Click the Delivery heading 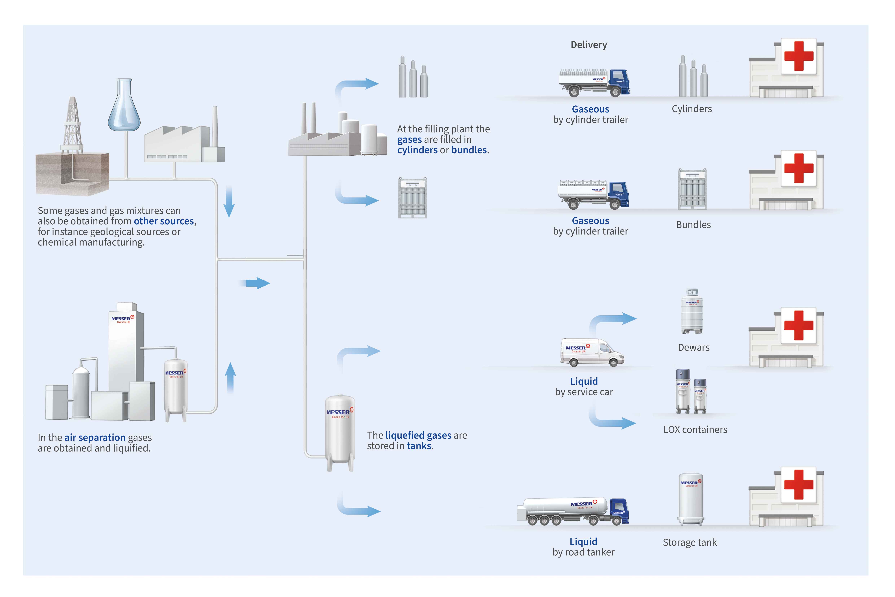tap(589, 45)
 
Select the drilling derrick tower tap(72, 126)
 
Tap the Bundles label tap(693, 225)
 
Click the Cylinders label tap(692, 109)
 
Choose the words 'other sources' tap(164, 221)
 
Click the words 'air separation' tap(95, 437)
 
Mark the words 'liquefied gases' tap(418, 435)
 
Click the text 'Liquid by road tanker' tap(583, 547)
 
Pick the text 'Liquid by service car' tap(584, 387)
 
